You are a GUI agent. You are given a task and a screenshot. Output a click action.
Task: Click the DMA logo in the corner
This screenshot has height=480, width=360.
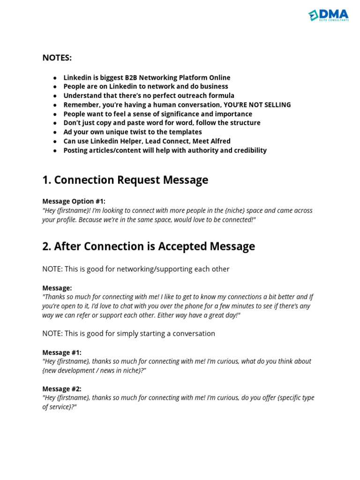(x=329, y=15)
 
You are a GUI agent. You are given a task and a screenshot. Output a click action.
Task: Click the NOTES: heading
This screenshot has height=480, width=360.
(x=57, y=58)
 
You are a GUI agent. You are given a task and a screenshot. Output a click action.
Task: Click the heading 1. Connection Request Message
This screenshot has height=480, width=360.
(x=125, y=180)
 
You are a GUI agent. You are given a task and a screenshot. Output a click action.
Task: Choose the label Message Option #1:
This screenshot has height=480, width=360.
(x=74, y=201)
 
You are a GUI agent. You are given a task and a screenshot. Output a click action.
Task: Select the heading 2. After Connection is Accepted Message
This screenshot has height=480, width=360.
(x=149, y=246)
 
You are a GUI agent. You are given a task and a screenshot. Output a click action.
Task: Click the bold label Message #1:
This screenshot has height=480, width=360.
(x=62, y=352)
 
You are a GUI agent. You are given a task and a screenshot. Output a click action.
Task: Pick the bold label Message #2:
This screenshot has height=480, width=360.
(x=62, y=389)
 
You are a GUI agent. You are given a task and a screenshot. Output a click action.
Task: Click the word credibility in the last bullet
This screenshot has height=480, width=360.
(x=247, y=150)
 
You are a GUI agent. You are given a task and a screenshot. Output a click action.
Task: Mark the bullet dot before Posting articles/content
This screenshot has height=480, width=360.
(x=55, y=150)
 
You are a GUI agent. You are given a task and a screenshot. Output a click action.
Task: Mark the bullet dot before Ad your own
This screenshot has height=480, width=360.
(x=55, y=132)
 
